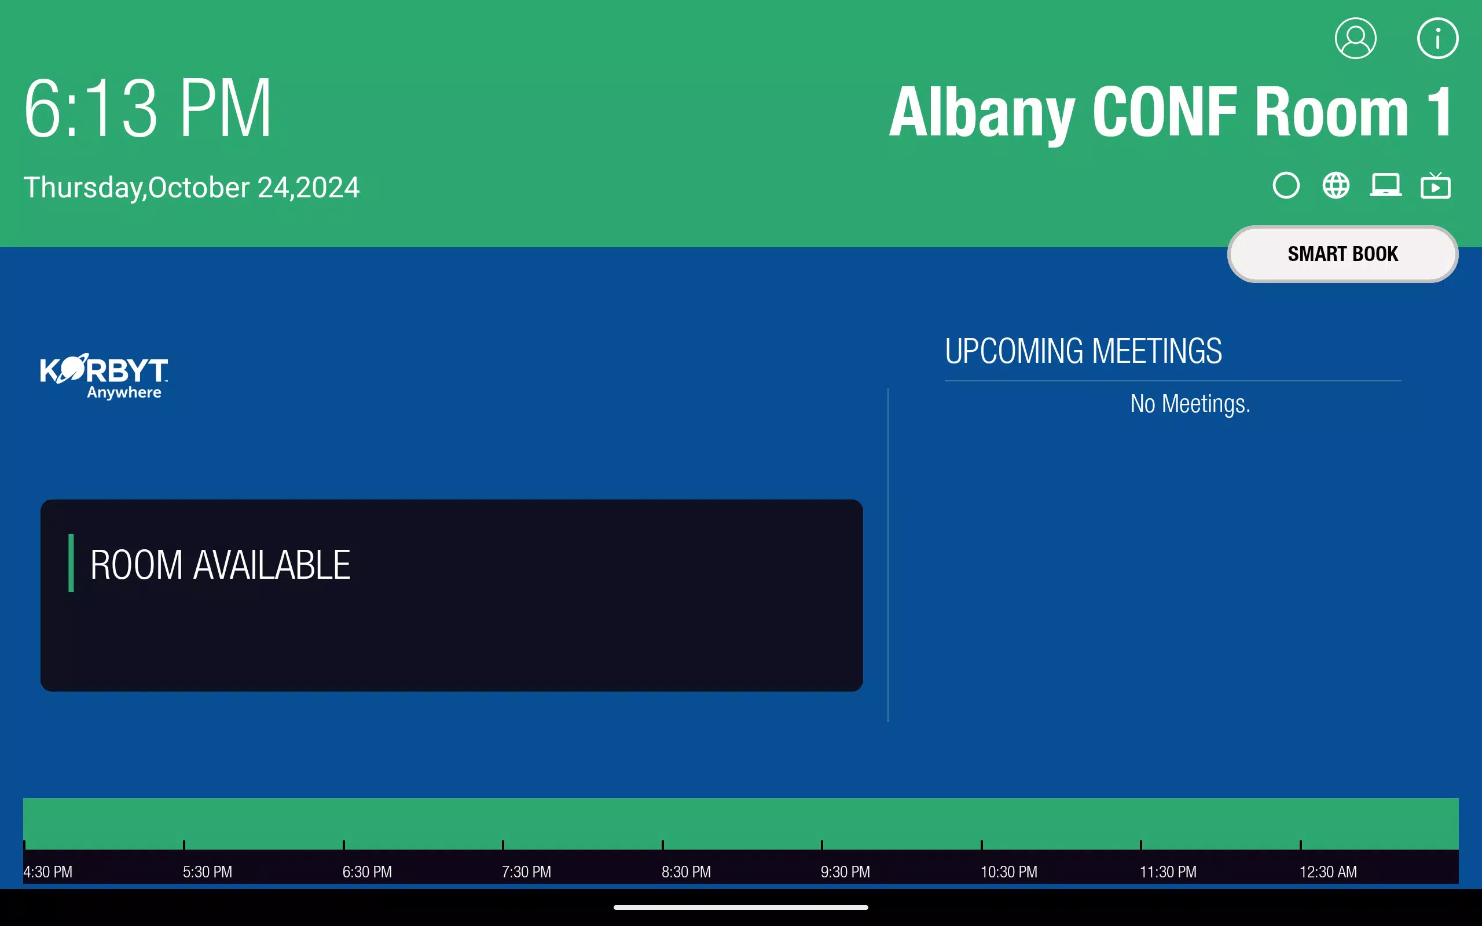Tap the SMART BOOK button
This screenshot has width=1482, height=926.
(x=1342, y=253)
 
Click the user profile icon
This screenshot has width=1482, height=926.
(x=1355, y=38)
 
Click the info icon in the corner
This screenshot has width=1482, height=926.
(x=1437, y=38)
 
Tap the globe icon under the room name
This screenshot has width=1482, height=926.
(x=1336, y=185)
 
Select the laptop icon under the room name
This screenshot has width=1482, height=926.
(x=1385, y=185)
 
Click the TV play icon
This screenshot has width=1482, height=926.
(x=1436, y=186)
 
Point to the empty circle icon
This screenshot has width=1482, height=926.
(x=1286, y=185)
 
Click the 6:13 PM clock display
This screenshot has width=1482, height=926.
(x=148, y=108)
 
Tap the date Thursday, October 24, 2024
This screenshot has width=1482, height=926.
(x=191, y=188)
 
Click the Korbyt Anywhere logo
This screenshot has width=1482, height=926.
(x=104, y=376)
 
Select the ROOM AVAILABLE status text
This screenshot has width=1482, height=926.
(x=220, y=564)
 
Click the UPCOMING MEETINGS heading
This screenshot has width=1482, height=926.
(x=1083, y=351)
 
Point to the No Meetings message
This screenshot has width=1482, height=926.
(x=1190, y=403)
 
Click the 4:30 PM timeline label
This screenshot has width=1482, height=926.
(x=48, y=872)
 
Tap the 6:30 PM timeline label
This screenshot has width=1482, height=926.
(x=367, y=872)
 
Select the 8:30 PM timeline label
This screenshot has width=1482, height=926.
(x=686, y=872)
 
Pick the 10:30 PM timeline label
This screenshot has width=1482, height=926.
(x=1008, y=872)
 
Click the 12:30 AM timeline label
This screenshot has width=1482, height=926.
(x=1327, y=872)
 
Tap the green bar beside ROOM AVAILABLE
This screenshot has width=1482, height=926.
(x=71, y=563)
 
